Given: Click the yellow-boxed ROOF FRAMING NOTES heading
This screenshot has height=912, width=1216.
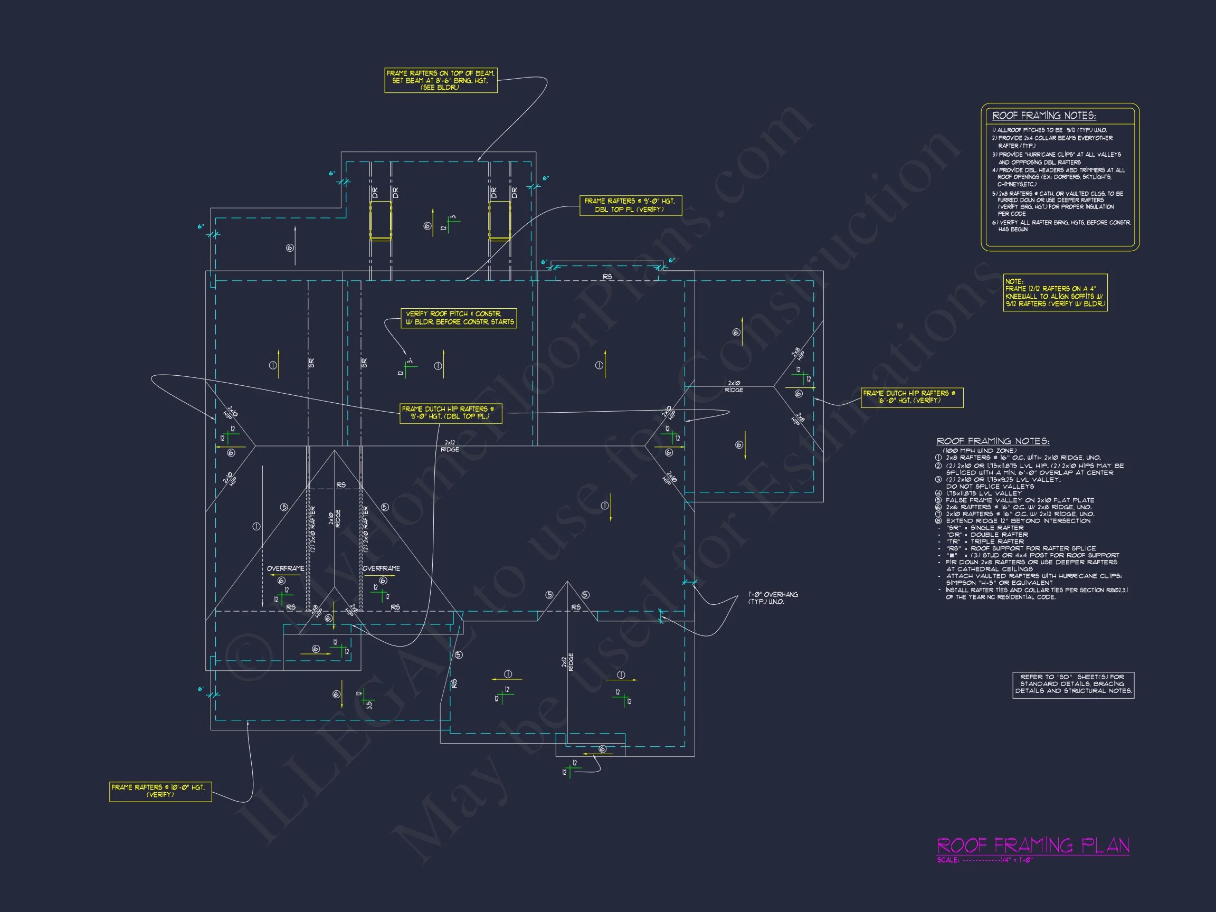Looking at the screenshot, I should (x=1043, y=116).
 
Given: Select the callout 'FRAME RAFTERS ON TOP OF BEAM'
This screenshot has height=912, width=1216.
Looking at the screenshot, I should (x=440, y=80).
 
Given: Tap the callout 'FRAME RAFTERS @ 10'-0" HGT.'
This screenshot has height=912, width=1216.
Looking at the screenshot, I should (x=160, y=791).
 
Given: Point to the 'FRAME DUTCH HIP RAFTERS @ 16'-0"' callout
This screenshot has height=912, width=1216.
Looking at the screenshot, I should (x=911, y=397).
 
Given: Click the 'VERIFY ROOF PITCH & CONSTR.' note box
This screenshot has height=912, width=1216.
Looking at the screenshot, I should (x=459, y=318).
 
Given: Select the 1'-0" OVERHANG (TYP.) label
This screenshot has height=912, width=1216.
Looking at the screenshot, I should (x=772, y=598).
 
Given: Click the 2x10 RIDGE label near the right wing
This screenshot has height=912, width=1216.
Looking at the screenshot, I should (x=734, y=386).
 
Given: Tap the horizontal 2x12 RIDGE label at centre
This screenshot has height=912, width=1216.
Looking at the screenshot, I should (x=450, y=446).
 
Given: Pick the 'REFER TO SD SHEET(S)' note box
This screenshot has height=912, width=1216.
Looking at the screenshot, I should (x=1073, y=684).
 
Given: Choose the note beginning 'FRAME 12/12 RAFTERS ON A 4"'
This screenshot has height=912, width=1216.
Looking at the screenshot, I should (x=1055, y=292).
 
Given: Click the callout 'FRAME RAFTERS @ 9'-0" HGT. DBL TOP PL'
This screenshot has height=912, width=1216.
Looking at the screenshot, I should (x=630, y=205).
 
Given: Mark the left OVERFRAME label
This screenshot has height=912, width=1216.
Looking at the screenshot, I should (x=286, y=568).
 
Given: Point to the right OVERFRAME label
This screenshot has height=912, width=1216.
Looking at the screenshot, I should (x=381, y=568).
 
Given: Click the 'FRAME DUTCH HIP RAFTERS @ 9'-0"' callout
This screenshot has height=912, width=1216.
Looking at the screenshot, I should (x=450, y=413).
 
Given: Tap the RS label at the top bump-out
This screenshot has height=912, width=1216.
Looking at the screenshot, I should (x=607, y=277).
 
